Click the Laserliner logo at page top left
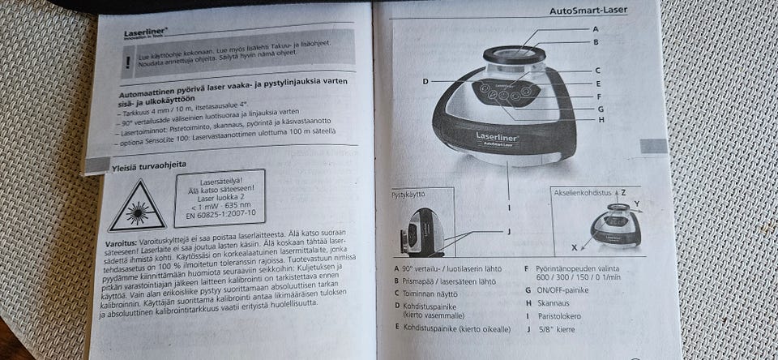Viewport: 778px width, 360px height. (143, 33)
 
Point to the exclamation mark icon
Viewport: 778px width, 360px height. (127, 62)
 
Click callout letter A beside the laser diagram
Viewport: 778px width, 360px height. (596, 28)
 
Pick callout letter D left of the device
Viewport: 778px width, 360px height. (425, 81)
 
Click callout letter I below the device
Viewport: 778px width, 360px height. (510, 207)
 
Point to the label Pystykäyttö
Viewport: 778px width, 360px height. (409, 195)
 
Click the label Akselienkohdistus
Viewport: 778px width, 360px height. (582, 193)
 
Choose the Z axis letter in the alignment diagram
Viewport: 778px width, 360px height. (623, 193)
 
